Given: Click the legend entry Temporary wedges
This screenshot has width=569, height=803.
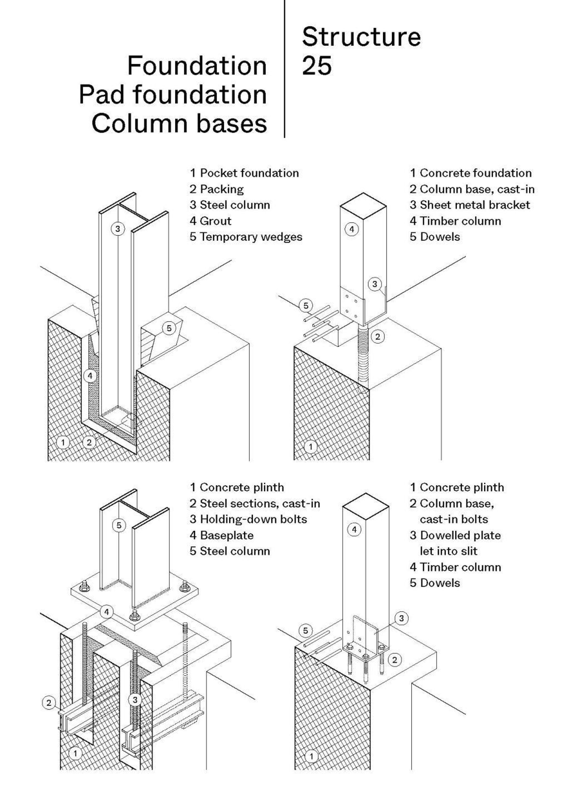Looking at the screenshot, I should coord(251,237).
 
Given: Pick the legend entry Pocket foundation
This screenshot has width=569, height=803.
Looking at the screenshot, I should coord(249,173).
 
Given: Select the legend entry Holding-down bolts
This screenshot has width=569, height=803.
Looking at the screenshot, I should coord(253,519).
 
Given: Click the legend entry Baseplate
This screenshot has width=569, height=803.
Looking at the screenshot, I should coord(226,535).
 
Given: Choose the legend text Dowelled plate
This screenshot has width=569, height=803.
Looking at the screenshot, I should coord(460,535).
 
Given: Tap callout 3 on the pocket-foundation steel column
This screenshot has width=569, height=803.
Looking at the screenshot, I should coord(118,229).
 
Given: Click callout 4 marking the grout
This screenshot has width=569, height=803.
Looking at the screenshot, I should coord(90,376).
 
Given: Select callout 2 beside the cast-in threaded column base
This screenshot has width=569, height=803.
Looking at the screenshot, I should coord(377,337).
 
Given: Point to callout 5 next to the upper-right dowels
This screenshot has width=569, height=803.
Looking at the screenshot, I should coord(306,306).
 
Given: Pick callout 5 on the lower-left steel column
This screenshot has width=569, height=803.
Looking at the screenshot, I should coord(119,525).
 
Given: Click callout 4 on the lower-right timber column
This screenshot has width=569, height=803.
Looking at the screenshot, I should coord(354,529).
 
